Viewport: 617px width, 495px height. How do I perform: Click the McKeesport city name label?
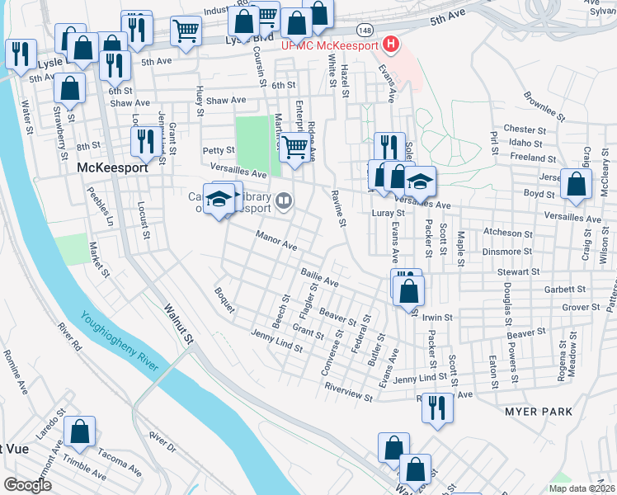pos(111,167)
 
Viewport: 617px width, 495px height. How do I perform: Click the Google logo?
pos(28,484)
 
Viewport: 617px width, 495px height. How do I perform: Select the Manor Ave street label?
pos(276,241)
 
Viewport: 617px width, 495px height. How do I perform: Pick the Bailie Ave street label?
pos(319,280)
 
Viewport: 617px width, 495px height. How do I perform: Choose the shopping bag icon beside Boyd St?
pos(576,185)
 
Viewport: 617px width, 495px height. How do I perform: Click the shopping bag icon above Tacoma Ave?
pos(80,431)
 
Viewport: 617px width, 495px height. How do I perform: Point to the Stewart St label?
pos(517,271)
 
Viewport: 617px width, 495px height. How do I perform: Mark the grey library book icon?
pos(284,200)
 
